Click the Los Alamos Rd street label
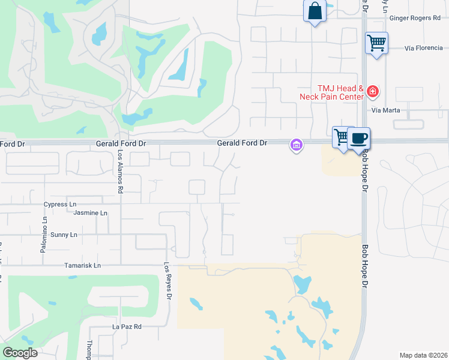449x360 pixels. pos(120,172)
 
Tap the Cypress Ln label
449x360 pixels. pos(61,205)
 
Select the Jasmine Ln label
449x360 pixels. pos(90,213)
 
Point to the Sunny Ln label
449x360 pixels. pos(64,235)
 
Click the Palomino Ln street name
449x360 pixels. pos(44,235)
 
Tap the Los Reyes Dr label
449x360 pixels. pos(169,281)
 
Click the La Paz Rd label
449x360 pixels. pos(127,327)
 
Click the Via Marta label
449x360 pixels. pos(385,110)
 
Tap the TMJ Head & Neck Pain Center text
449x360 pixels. pos(332,92)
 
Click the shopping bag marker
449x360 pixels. pos(315,11)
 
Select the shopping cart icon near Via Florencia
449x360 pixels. pos(376,43)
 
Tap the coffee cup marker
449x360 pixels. pos(359,138)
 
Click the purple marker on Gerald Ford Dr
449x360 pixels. pos(295,145)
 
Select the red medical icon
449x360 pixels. pos(373,92)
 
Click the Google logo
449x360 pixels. pos(20,353)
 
